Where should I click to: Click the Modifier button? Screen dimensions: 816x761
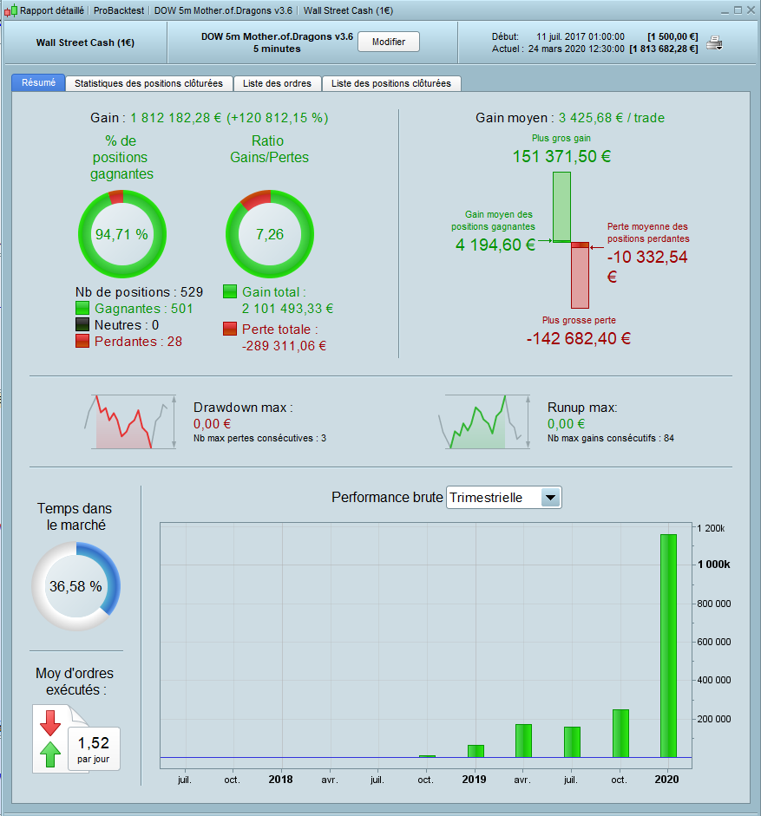pos(388,42)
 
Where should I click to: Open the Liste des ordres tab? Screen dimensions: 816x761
pos(279,83)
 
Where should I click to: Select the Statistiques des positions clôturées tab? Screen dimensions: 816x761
pos(148,83)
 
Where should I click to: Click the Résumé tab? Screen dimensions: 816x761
pos(38,83)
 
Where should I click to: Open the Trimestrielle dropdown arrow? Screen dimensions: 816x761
pos(550,498)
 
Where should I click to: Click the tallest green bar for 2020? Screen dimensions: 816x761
pos(667,645)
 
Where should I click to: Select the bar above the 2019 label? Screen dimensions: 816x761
pos(475,751)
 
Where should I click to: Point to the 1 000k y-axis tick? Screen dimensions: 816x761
pos(715,565)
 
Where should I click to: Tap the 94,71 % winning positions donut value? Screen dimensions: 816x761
pos(121,234)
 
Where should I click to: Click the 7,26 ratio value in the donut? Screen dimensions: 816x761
pos(269,234)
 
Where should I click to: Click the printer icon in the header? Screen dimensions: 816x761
pos(715,43)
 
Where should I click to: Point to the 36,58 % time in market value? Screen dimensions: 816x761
pos(75,586)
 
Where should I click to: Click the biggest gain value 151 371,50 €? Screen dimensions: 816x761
pos(562,157)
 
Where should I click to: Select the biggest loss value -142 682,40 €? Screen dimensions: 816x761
pos(578,338)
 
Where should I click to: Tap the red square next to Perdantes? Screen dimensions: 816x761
pos(82,342)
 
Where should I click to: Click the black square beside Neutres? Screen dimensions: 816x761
pos(82,325)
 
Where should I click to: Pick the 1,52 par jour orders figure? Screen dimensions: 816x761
pos(94,744)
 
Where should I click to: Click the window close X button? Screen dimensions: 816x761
pos(750,10)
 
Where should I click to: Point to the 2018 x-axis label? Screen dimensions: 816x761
pos(280,780)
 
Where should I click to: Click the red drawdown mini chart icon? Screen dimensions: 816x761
pos(128,421)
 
